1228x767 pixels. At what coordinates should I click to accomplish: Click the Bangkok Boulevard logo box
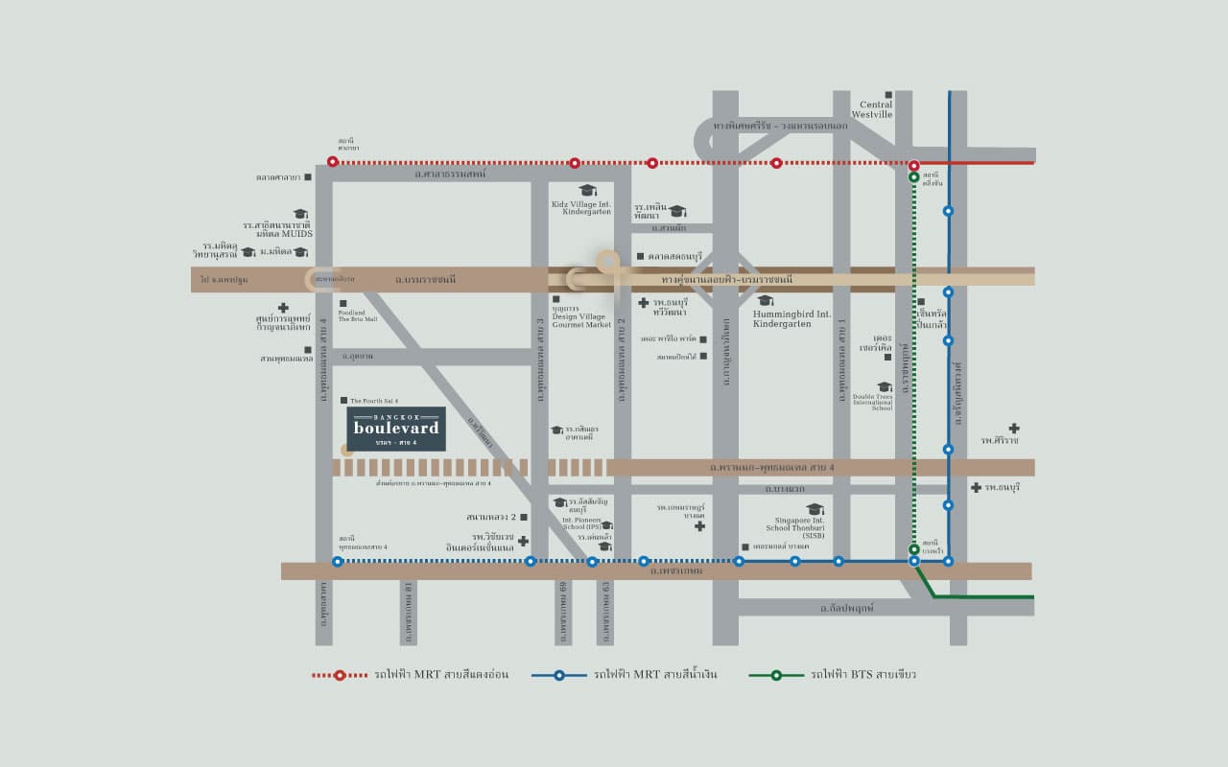click(x=396, y=429)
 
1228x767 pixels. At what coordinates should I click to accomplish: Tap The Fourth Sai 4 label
click(x=374, y=400)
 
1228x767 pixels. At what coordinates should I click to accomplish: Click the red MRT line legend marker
click(x=340, y=675)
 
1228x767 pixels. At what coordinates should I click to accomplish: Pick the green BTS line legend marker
click(x=775, y=675)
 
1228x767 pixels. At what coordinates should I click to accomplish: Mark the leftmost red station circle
click(x=333, y=162)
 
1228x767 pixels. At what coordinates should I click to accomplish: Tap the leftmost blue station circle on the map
click(x=337, y=562)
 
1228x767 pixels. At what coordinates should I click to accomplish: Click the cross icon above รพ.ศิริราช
click(x=1013, y=429)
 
